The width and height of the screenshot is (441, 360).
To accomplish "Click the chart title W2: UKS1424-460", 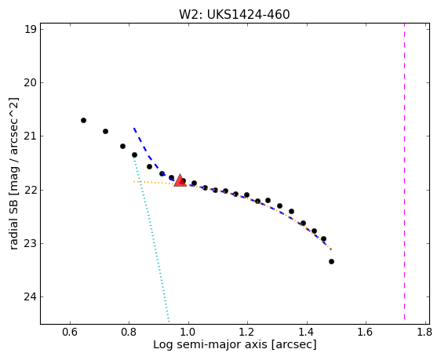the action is coord(235,14).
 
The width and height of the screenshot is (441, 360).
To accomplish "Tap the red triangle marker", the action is coord(180,180).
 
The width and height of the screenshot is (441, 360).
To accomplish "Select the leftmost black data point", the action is coord(83,120).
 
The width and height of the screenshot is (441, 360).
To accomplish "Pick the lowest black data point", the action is coord(331,261).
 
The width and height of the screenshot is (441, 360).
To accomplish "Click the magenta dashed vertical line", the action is coord(404,172).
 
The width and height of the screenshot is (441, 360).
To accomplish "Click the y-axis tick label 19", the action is coord(31,30).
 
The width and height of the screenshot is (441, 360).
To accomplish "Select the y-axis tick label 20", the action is coord(31,83).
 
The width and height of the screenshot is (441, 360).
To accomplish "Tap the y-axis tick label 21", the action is coord(31,136).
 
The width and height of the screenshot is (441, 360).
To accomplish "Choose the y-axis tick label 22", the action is coord(31,190).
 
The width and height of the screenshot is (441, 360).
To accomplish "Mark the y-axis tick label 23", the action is coord(31,243).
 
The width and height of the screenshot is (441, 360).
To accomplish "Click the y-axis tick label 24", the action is coord(31,296).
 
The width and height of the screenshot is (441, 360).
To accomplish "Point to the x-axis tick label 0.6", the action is coord(70,333).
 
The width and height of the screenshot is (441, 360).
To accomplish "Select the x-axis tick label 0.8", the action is coord(129,333).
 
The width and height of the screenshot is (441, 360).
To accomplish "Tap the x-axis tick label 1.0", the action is coord(188,333).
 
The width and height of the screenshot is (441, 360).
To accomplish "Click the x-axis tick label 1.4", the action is coord(307,333).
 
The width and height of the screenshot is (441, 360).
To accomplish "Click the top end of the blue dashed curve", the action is coord(134,129).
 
